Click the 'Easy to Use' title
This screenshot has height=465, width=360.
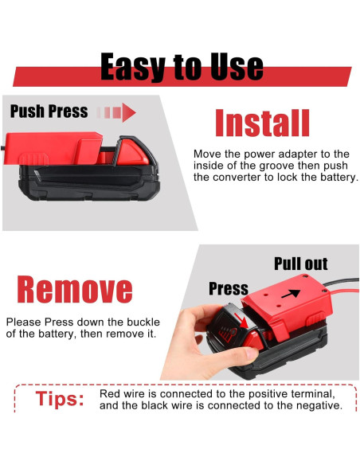click(x=182, y=68)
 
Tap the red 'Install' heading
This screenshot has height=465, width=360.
click(x=262, y=123)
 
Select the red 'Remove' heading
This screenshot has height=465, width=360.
click(x=75, y=290)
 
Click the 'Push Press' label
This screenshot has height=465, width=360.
click(x=49, y=111)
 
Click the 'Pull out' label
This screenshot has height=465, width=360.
click(x=300, y=264)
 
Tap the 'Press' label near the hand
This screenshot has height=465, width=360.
click(x=229, y=288)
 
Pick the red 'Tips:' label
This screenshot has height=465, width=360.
click(x=60, y=399)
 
